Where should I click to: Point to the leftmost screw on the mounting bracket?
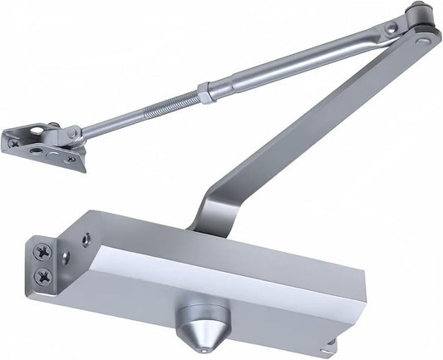pyautogui.click(x=14, y=143)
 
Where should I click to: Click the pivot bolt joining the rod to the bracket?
pyautogui.click(x=73, y=133)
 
